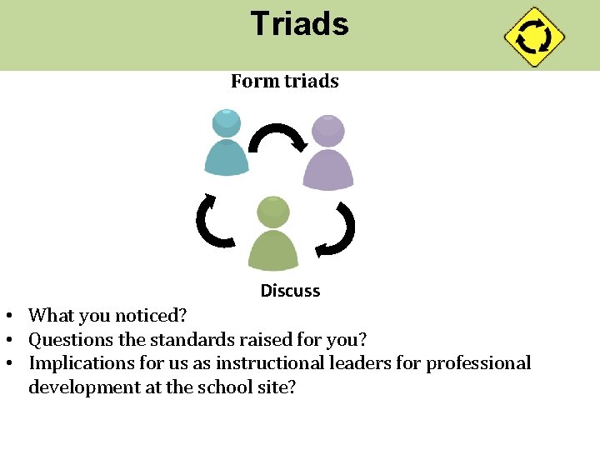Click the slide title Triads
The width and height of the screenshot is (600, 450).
299,24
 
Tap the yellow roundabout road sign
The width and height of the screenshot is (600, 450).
534,37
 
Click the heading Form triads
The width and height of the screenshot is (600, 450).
284,81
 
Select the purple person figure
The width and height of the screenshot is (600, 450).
327,153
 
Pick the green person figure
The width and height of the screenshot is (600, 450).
273,233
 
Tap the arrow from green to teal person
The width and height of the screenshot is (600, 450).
214,221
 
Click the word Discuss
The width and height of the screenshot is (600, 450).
290,291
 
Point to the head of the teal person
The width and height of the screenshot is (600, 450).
227,122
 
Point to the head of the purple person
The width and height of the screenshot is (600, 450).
327,129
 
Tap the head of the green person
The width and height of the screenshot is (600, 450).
273,212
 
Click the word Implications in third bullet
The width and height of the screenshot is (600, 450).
80,363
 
